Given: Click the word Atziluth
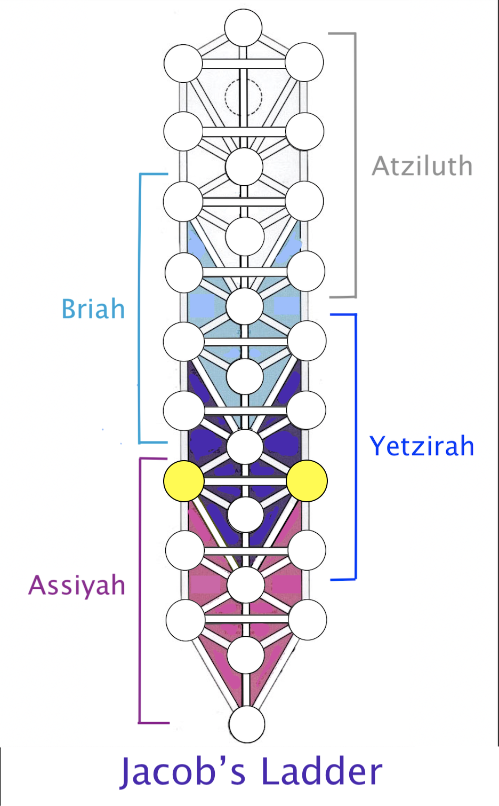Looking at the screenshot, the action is pos(422,166).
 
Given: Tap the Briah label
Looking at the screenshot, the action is pos(93,309).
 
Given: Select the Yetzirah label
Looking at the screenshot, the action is pos(422,446).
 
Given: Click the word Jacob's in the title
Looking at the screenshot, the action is pos(182,772).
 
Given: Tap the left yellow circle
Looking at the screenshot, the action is pos(184,481).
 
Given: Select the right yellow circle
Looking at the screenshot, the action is pos(307,481).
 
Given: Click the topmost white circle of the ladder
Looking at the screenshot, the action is pos(243,28).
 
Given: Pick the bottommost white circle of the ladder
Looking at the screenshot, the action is pos(247,724).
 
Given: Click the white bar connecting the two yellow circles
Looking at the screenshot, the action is pos(245,481).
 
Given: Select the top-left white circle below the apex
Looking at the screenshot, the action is pos(183,64).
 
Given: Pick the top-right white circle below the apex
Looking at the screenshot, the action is pos(304,62).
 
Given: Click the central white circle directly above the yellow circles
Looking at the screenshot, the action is pos(245,447).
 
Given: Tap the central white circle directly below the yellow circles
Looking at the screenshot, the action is pos(246,515).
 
